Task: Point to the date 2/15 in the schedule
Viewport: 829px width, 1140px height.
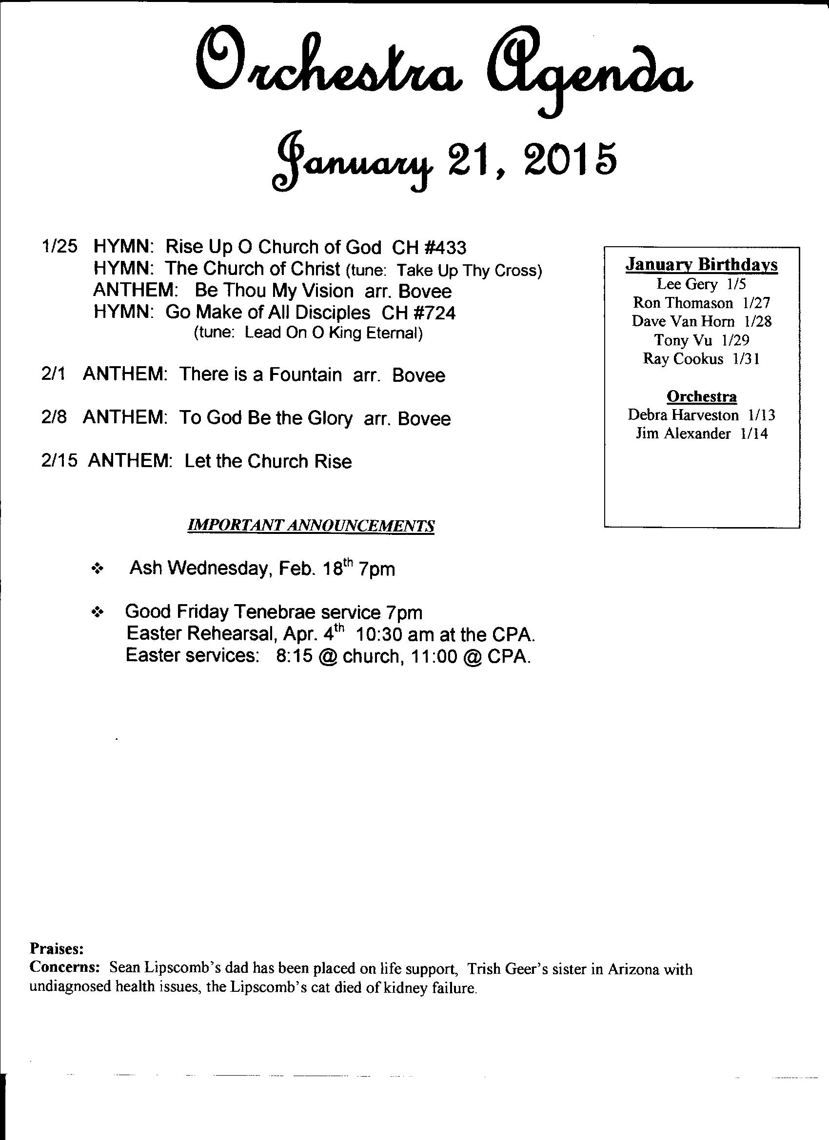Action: click(59, 461)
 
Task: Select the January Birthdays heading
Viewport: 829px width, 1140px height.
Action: click(701, 265)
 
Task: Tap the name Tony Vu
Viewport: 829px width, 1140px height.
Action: click(683, 340)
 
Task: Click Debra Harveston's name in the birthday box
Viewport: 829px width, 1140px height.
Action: click(683, 415)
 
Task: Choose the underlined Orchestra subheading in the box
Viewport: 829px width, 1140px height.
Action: click(701, 396)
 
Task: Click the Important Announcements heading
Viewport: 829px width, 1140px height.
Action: click(311, 526)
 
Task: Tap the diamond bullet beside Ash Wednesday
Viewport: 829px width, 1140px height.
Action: click(97, 569)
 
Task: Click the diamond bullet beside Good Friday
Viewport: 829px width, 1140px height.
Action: click(97, 612)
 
